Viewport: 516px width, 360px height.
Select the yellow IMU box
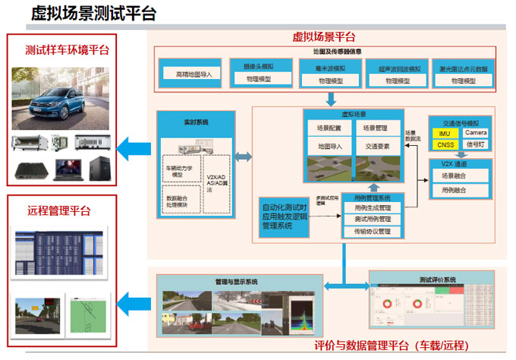(445, 134)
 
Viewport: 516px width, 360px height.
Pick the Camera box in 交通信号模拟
(476, 134)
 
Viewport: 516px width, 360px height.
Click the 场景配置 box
(329, 128)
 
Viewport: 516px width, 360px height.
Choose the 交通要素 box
(377, 146)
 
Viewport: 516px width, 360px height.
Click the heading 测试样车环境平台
(67, 50)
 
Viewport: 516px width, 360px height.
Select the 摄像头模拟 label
(258, 66)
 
